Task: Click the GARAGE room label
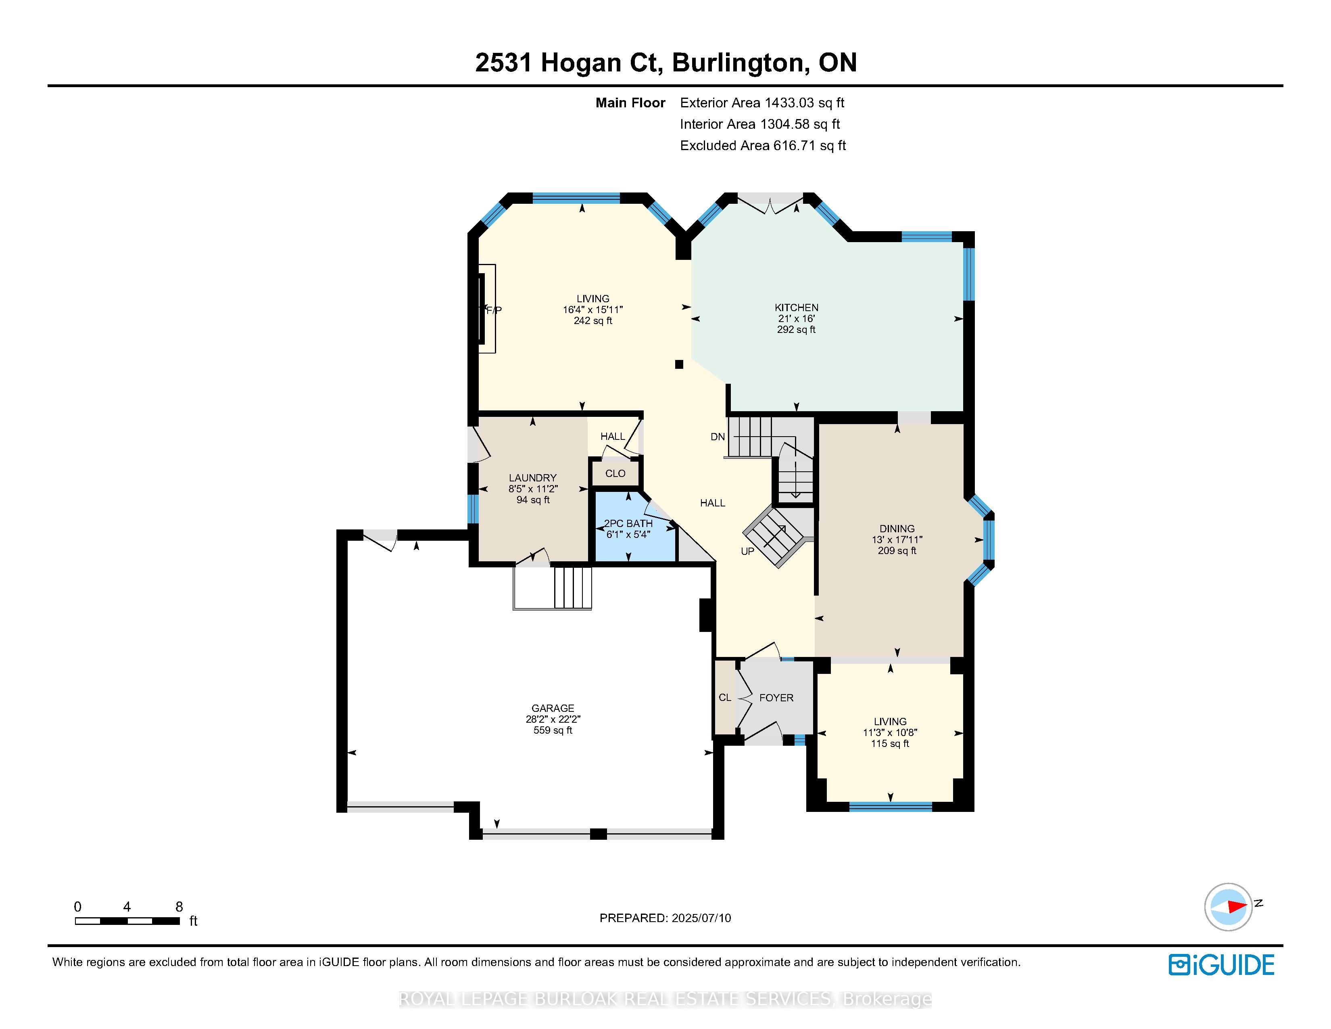coord(553,708)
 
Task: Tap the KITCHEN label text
coord(796,307)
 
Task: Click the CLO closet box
coord(615,473)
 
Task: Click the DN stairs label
coord(717,437)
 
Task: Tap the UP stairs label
coord(747,551)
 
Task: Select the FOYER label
coord(776,697)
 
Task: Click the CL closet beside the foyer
coord(725,697)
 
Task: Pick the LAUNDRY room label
coord(533,477)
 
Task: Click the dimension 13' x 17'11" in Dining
coord(897,540)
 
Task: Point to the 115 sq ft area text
coord(890,744)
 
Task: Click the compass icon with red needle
coord(1228,906)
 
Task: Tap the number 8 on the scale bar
coord(179,906)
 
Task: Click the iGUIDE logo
coord(1221,965)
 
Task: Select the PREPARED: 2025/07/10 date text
coord(665,918)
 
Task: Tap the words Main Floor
coord(630,102)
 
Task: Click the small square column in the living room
coord(679,364)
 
